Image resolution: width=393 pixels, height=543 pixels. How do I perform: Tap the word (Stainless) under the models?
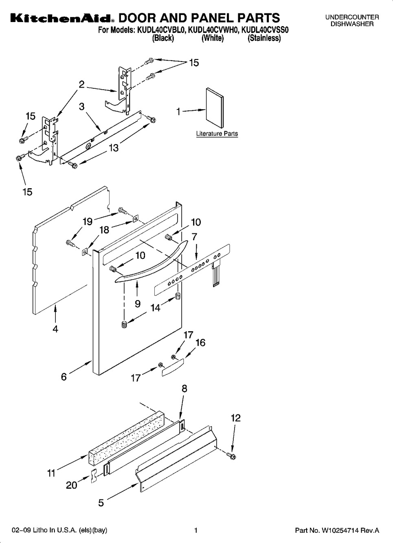[264, 38]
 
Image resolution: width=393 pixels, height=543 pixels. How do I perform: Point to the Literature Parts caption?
[217, 134]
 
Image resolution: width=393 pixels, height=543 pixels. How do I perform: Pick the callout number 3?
[81, 106]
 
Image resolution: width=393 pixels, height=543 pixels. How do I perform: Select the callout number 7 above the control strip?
[194, 237]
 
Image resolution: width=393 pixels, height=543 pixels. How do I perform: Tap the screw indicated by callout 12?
[231, 456]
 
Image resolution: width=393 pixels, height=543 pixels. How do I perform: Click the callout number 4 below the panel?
[55, 329]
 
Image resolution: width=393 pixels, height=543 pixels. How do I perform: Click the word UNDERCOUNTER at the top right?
[352, 17]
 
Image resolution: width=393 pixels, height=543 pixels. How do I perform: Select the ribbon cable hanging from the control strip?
[216, 275]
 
